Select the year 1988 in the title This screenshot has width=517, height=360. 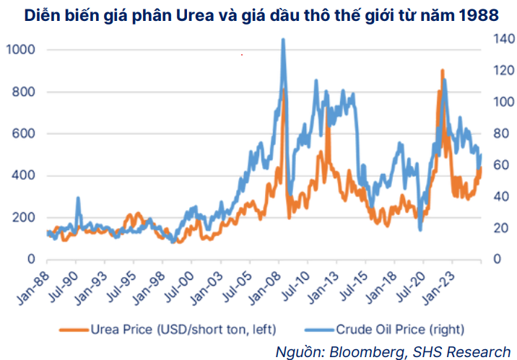pyautogui.click(x=479, y=14)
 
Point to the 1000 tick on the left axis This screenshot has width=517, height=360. pyautogui.click(x=19, y=50)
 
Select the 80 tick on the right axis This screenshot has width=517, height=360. pyautogui.click(x=494, y=134)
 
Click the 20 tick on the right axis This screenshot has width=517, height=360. pyautogui.click(x=494, y=228)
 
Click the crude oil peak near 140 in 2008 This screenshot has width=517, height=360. pyautogui.click(x=283, y=40)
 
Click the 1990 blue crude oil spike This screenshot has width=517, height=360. pyautogui.click(x=78, y=198)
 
